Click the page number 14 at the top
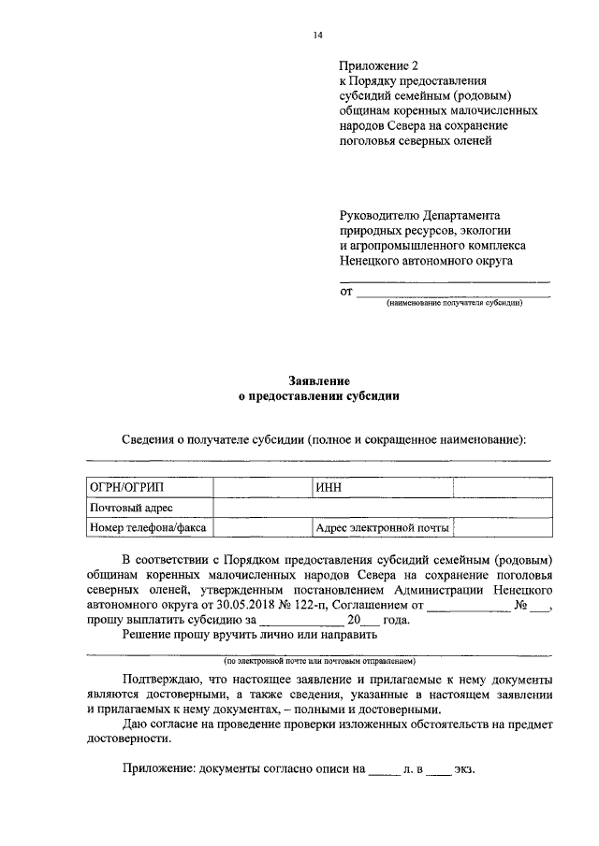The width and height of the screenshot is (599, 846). tap(317, 36)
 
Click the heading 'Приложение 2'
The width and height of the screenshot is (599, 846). tap(379, 65)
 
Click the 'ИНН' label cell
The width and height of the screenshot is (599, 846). tap(328, 487)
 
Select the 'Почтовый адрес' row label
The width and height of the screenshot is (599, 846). tap(130, 508)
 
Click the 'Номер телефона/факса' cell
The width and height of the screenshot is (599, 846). tap(147, 528)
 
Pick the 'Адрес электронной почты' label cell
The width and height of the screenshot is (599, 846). tap(382, 528)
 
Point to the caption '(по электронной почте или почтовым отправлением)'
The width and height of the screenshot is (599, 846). tap(318, 660)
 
